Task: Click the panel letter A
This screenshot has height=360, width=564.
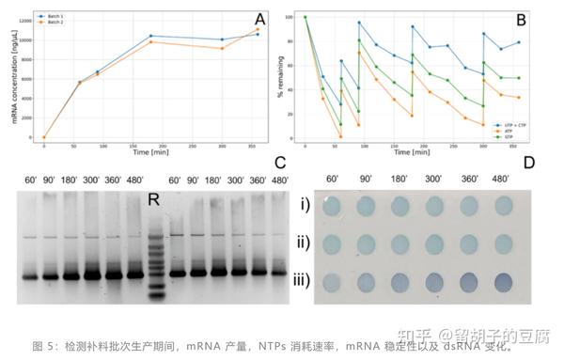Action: pyautogui.click(x=259, y=19)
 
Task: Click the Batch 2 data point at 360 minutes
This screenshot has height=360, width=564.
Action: pyautogui.click(x=258, y=29)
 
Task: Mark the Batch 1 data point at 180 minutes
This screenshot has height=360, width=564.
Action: pyautogui.click(x=151, y=36)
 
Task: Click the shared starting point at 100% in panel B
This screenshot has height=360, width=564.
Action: pyautogui.click(x=305, y=17)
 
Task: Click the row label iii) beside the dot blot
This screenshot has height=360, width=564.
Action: pyautogui.click(x=298, y=279)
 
